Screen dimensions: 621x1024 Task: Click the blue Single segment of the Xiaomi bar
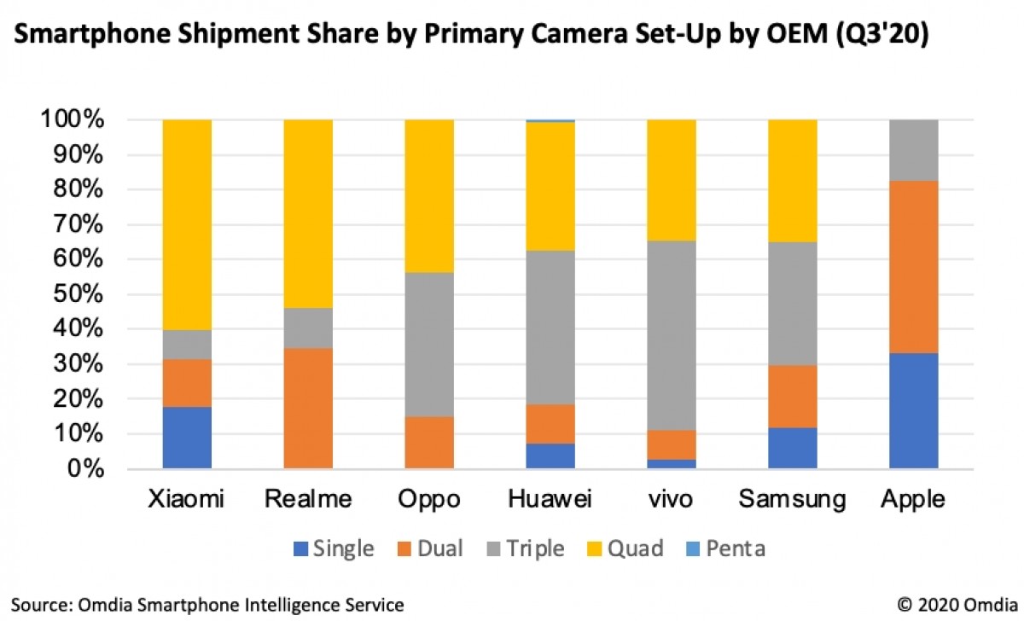pyautogui.click(x=187, y=438)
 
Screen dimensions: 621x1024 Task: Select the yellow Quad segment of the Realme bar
pyautogui.click(x=308, y=213)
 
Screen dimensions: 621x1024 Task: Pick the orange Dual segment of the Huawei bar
pyautogui.click(x=550, y=424)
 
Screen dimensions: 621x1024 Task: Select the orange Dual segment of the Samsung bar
pyautogui.click(x=793, y=397)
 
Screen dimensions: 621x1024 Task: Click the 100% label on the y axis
pyautogui.click(x=73, y=120)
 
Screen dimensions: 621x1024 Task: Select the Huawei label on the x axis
pyautogui.click(x=550, y=499)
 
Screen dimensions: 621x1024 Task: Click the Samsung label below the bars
pyautogui.click(x=793, y=499)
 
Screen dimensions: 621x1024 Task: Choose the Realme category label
pyautogui.click(x=308, y=499)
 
